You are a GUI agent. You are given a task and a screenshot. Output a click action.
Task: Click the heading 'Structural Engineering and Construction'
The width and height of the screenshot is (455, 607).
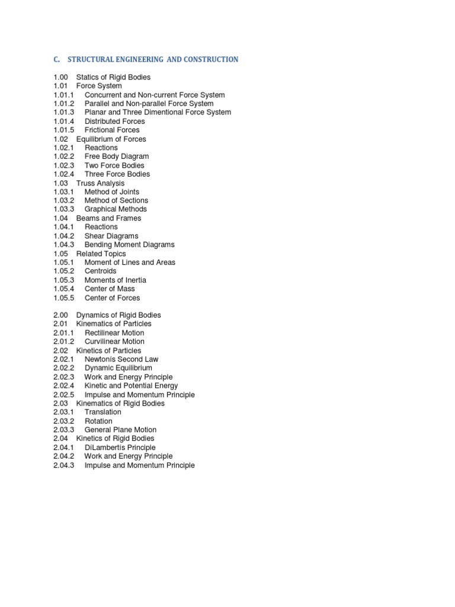[x=153, y=59]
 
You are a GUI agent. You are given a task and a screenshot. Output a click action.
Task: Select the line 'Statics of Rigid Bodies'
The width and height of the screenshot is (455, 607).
[x=113, y=77]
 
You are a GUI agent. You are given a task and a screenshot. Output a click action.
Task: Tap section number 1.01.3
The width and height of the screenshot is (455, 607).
[x=63, y=112]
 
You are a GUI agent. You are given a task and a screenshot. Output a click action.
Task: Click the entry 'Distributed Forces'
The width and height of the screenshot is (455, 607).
[x=114, y=121]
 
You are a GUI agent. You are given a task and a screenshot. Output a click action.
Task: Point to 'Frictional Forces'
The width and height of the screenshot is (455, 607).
[x=112, y=130]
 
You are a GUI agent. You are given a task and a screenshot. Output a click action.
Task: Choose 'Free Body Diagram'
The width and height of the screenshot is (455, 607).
[x=117, y=156]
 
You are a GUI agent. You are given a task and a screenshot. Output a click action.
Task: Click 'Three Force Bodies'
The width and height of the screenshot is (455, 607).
[x=117, y=174]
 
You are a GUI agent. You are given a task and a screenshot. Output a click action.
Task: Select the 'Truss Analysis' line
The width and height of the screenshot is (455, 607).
[x=100, y=183]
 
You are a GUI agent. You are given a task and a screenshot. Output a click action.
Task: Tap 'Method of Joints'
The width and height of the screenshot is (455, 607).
[x=112, y=192]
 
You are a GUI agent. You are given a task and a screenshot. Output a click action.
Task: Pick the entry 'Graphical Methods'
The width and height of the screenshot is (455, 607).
[x=116, y=209]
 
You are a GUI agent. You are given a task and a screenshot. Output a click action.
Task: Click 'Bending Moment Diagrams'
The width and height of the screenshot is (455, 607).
[x=129, y=244]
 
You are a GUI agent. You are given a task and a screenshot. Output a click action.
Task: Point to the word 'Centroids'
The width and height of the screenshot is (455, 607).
[x=101, y=271]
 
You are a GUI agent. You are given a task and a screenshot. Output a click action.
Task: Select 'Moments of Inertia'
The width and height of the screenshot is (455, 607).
[x=115, y=280]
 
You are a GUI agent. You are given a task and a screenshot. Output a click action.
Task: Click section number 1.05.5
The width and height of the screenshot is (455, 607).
[x=63, y=298]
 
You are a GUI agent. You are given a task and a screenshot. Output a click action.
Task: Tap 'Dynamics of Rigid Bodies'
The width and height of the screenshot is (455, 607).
[x=118, y=315]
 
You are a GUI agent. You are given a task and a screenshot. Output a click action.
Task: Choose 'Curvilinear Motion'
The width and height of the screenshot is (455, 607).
[x=114, y=341]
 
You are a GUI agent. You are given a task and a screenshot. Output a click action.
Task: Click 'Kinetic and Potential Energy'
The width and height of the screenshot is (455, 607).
[x=131, y=386]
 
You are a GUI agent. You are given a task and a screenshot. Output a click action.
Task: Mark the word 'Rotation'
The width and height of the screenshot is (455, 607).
[x=98, y=421]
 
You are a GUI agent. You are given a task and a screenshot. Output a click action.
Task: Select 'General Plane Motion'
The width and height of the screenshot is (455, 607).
[x=120, y=430]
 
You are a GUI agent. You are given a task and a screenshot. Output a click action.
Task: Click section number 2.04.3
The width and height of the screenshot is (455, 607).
[x=63, y=465]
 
